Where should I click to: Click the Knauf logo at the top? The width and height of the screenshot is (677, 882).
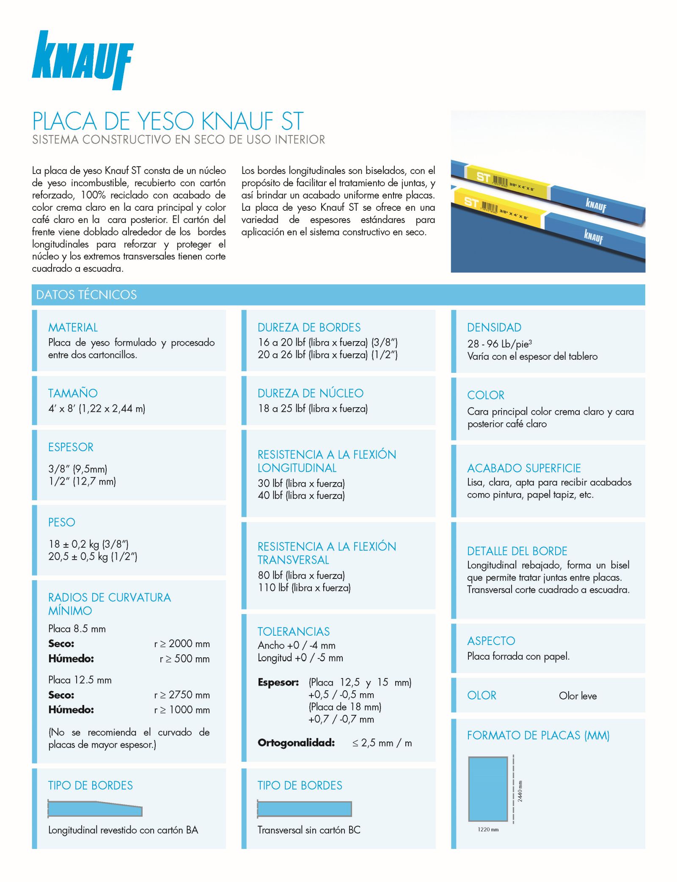[x=83, y=60]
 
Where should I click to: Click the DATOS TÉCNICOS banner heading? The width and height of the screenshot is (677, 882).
[x=86, y=295]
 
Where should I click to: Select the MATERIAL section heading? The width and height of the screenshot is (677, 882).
[x=73, y=327]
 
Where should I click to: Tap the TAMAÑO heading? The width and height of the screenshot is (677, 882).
[x=73, y=393]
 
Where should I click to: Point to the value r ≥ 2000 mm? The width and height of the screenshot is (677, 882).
[x=182, y=644]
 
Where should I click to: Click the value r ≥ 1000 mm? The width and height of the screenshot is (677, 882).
[x=182, y=710]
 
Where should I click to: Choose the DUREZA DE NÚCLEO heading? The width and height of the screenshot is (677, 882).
[x=310, y=393]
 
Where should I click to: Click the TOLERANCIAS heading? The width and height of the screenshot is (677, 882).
[x=294, y=631]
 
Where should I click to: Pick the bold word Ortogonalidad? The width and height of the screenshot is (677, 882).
[x=296, y=743]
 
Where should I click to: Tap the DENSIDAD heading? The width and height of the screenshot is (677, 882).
[x=494, y=327]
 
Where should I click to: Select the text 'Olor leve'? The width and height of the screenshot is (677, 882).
[x=578, y=696]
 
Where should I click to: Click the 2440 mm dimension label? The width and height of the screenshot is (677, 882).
[x=520, y=791]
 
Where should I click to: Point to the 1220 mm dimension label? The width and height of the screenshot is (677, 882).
[x=488, y=830]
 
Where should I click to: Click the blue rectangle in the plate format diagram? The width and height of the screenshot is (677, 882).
[x=488, y=789]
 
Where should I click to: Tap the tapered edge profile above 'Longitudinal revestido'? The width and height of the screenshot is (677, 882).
[x=95, y=809]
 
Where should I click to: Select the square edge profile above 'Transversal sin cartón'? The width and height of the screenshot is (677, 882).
[x=304, y=809]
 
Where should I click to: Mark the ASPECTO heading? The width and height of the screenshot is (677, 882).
[x=491, y=641]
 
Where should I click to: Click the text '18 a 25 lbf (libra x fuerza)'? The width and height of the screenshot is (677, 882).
[x=313, y=408]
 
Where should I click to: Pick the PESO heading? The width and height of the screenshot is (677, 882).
[x=61, y=522]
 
